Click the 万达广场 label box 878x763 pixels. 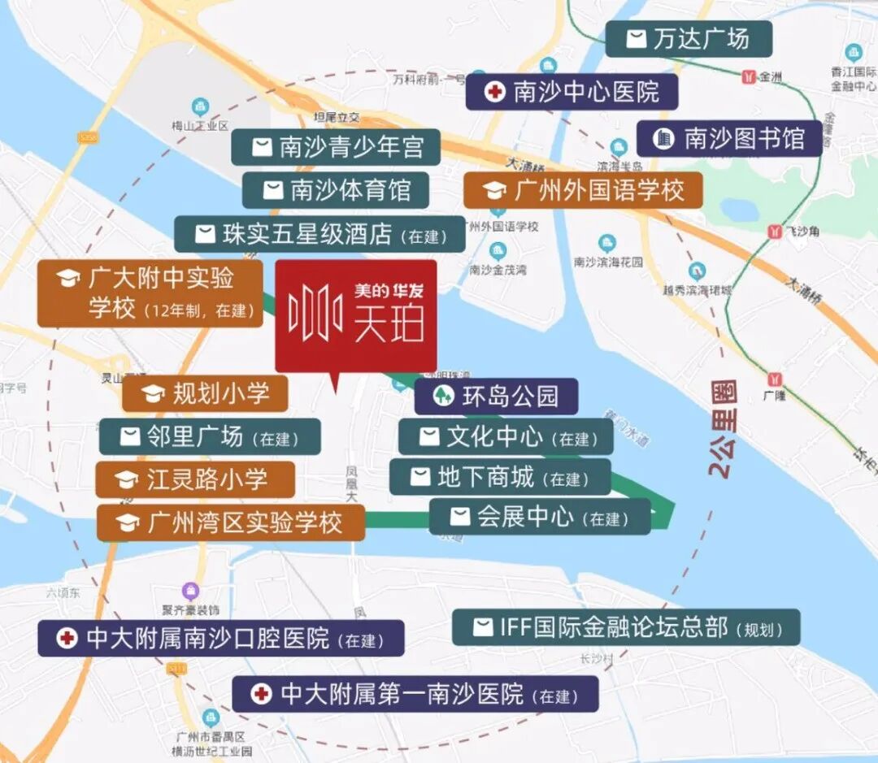point(688,39)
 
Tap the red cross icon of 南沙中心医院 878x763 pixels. point(494,92)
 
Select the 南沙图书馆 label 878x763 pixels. point(728,139)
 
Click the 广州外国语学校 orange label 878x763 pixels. point(583,191)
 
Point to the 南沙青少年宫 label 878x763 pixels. point(336,147)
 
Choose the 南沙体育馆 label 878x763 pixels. point(335,190)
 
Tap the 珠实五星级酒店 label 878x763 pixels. point(319,235)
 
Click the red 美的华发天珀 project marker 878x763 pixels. point(355,315)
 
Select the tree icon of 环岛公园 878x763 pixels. point(444,397)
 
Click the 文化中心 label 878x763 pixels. point(506,438)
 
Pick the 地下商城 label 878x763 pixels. point(499,477)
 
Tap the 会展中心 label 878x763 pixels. point(540,517)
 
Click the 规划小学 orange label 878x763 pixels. point(206,394)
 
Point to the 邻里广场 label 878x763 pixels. point(210,437)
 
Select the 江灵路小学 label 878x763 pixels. point(195,479)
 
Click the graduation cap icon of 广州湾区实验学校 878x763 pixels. point(127,523)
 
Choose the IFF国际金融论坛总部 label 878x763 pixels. point(625,627)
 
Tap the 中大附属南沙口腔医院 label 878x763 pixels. point(220,639)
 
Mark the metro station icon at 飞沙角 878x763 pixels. point(773,232)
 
